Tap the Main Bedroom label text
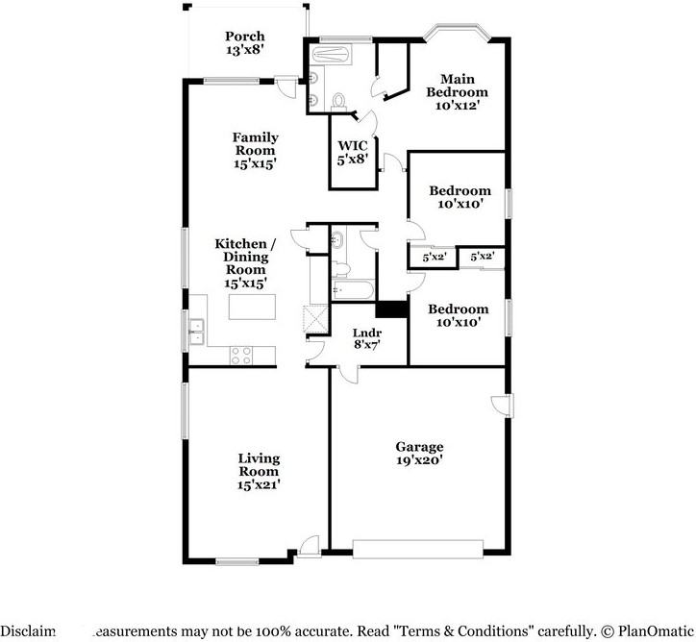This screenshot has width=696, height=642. tap(458, 91)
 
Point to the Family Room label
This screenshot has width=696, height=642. tap(255, 151)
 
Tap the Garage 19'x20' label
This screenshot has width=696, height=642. tap(419, 454)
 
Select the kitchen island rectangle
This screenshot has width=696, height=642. tap(250, 307)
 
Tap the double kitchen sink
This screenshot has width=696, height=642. tap(196, 332)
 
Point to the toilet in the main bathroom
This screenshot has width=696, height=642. tap(337, 101)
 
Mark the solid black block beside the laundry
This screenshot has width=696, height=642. tap(389, 309)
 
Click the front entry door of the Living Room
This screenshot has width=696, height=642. tap(308, 549)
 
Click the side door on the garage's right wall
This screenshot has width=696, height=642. tap(502, 405)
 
